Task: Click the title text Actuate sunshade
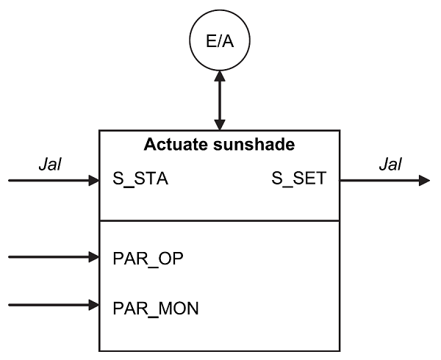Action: (219, 145)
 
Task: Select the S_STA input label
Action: (140, 179)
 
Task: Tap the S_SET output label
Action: (298, 179)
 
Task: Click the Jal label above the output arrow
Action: (390, 165)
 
